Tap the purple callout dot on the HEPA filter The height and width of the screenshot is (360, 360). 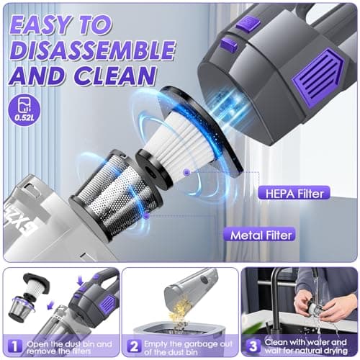[186, 172]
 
